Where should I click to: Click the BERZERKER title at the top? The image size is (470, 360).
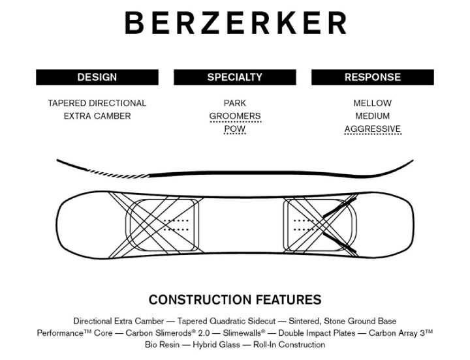(x=235, y=23)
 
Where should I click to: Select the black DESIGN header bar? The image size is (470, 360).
(x=97, y=77)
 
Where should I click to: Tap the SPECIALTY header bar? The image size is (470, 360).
(x=235, y=77)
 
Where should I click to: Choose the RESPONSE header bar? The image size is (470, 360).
(x=373, y=77)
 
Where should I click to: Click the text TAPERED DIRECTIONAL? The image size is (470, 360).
(x=97, y=103)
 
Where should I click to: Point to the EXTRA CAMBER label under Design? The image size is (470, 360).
(x=97, y=116)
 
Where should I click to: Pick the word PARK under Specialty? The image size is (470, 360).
(x=235, y=103)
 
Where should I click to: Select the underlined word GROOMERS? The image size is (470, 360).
(x=235, y=116)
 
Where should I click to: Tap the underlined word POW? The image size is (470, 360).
(x=235, y=129)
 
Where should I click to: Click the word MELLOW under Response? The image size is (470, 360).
(x=373, y=103)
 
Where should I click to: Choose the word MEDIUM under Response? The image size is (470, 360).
(x=373, y=116)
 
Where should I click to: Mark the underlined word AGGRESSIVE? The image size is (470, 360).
(x=373, y=129)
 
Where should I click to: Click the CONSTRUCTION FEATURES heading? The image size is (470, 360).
(x=235, y=299)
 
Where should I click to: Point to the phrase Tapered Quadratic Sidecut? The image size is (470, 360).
(x=227, y=321)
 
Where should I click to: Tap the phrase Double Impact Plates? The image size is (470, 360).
(x=317, y=333)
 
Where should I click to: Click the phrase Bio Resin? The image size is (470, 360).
(x=162, y=345)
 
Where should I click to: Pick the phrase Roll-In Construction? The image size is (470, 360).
(x=289, y=345)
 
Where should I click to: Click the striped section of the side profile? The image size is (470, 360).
(x=118, y=173)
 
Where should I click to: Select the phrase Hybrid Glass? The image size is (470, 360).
(x=217, y=345)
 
